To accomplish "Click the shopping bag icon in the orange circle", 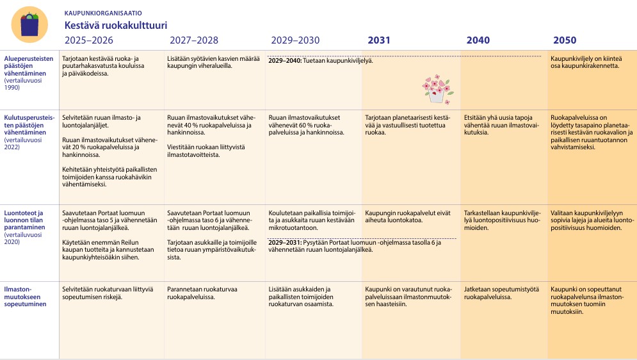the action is [29, 25].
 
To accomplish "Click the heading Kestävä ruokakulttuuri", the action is [116, 25].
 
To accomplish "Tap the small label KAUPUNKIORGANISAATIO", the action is [103, 13].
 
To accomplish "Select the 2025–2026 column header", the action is [88, 40].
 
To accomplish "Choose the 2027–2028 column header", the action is [194, 40].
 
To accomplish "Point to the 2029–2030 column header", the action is [295, 40].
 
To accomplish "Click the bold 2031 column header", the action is [378, 40].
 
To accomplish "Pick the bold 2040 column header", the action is [478, 40].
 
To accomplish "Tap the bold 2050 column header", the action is [565, 40].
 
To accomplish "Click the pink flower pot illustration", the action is [437, 90].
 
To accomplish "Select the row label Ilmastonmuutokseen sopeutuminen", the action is [25, 297].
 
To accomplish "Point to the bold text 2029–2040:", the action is [285, 61].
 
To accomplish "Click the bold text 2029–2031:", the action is [285, 243].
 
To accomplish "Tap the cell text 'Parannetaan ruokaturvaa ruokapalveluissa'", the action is [202, 293].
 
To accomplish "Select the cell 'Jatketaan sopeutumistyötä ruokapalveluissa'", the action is [501, 293].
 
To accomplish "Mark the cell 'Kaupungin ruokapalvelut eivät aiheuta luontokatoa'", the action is [407, 217].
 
